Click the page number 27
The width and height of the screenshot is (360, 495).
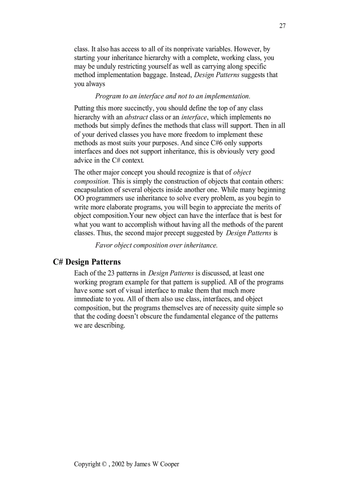click(282, 26)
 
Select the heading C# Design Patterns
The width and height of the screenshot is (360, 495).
click(86, 262)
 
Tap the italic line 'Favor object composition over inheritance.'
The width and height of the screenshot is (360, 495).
click(156, 245)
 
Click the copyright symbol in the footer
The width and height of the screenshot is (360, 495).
click(104, 464)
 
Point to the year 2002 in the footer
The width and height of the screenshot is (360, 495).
click(118, 464)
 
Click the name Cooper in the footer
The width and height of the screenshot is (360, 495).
click(170, 464)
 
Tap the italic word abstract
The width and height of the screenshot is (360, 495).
click(136, 117)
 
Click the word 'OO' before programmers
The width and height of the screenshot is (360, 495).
click(79, 198)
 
